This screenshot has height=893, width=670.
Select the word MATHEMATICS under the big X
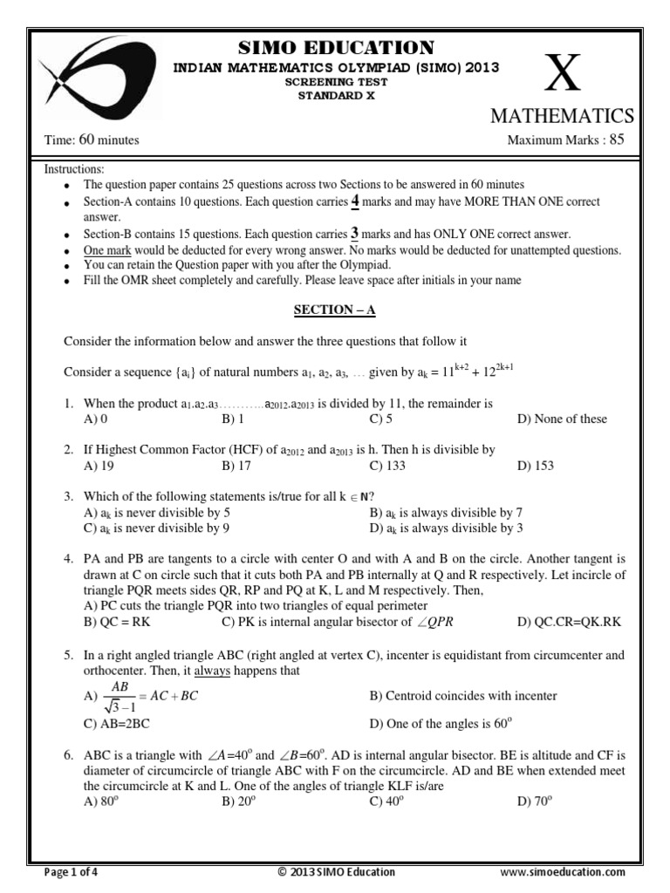(x=561, y=117)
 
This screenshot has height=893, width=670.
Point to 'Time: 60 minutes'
(x=92, y=140)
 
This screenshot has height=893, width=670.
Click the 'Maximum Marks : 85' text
(x=566, y=140)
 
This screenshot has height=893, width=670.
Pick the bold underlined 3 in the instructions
(x=354, y=234)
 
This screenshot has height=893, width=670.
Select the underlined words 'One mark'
(x=106, y=250)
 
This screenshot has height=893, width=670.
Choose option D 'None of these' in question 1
(x=562, y=419)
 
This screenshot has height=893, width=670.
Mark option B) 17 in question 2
(x=233, y=467)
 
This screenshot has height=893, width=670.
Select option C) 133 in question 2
(x=387, y=467)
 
